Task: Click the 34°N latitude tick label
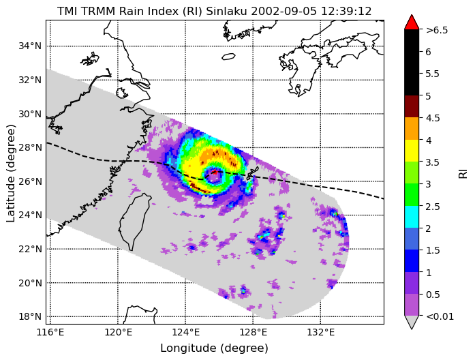point(30,46)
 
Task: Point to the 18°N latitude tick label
point(30,316)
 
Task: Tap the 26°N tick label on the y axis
point(30,181)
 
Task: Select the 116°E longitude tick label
point(50,333)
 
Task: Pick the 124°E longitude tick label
point(185,333)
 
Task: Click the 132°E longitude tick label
point(321,333)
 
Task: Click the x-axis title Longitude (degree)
point(215,348)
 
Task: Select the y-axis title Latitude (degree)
point(10,172)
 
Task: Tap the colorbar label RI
point(463,174)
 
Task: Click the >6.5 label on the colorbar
point(437,30)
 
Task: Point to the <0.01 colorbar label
point(440,316)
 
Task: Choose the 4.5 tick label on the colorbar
point(433,118)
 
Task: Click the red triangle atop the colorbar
point(412,22)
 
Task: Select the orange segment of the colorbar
point(412,128)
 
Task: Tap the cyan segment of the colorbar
point(412,217)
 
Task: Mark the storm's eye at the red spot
point(214,172)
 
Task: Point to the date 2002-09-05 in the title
point(284,11)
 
